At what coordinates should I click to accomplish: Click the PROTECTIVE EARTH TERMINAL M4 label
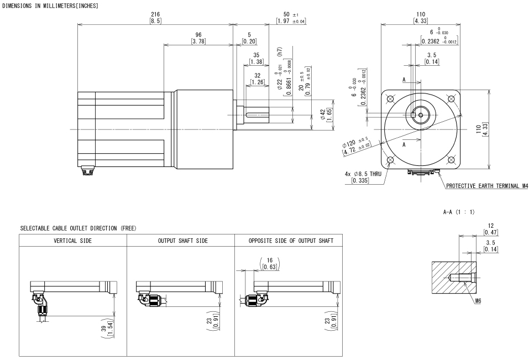pos(487,186)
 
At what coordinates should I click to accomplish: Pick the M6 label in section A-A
pos(478,301)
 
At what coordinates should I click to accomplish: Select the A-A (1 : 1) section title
pos(458,212)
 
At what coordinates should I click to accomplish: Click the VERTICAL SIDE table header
pos(73,241)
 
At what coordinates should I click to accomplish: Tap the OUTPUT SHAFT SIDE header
pos(183,241)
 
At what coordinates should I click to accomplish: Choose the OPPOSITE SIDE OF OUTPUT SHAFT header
pos(291,241)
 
